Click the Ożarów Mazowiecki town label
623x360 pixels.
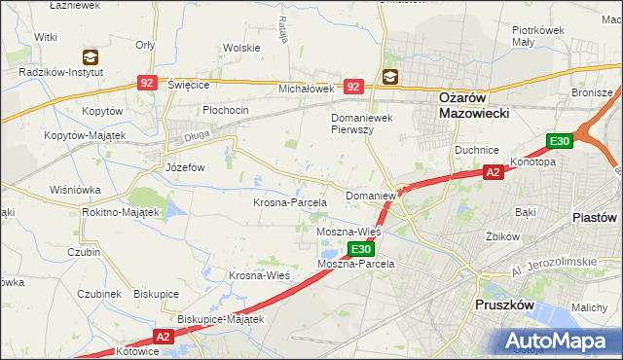[462, 106]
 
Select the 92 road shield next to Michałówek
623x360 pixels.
[353, 88]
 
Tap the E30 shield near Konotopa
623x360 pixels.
[559, 142]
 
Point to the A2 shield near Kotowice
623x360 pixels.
[162, 337]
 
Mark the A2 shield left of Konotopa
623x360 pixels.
[494, 173]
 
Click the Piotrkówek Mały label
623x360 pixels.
[539, 36]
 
